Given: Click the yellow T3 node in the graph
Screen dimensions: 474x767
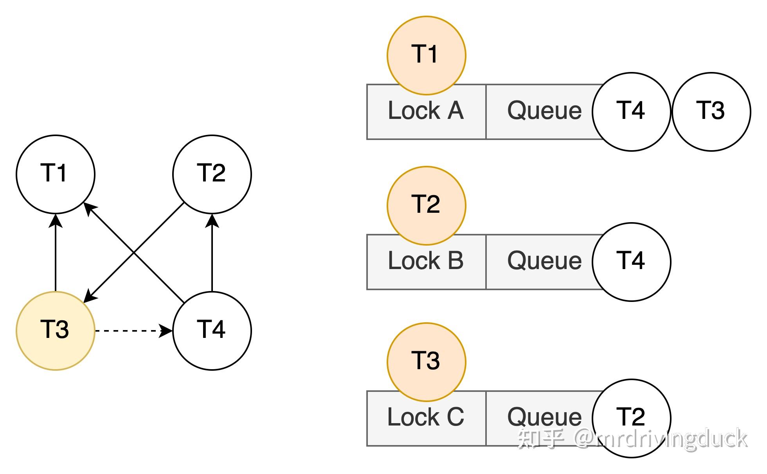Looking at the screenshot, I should click(55, 330).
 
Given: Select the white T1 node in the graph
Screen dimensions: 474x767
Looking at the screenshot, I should click(55, 174).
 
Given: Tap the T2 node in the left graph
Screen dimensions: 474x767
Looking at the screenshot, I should click(212, 174).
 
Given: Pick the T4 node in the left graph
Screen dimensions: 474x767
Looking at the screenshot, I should click(212, 330).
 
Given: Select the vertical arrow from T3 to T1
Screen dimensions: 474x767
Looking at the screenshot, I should click(56, 254).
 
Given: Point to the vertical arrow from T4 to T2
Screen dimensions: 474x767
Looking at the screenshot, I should click(212, 254).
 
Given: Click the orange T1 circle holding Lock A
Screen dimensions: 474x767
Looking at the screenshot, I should click(426, 55).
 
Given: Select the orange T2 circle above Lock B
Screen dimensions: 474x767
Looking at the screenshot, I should click(426, 205).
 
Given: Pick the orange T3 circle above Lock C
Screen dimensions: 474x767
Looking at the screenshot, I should click(426, 362).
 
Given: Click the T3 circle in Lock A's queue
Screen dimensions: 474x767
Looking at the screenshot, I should click(711, 111).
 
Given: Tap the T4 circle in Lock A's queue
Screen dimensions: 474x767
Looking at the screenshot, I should click(631, 111).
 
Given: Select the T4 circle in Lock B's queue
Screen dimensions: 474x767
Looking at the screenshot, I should click(631, 262).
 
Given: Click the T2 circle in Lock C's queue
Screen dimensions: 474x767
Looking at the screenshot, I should click(631, 418).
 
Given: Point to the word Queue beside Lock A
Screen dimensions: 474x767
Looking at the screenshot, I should click(544, 111).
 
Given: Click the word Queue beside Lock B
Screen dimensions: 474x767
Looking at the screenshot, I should click(544, 261).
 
